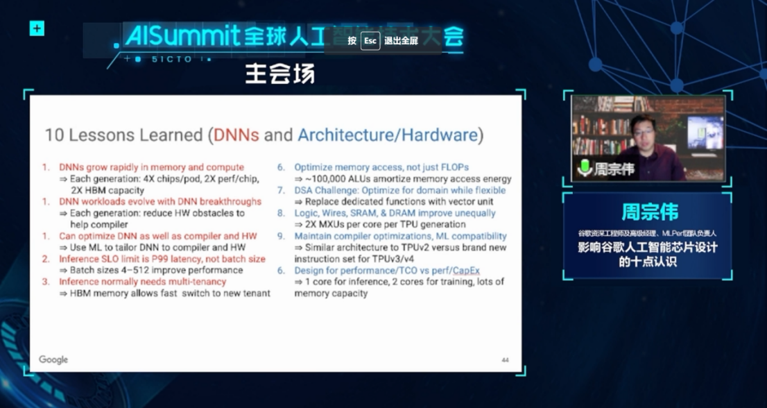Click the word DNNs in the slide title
(x=235, y=135)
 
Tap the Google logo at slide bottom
(x=53, y=359)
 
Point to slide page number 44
(x=505, y=360)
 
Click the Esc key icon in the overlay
(x=370, y=41)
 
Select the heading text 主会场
(x=279, y=74)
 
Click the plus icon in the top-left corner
(x=37, y=28)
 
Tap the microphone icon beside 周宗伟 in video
(x=585, y=167)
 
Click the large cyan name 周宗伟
(x=649, y=212)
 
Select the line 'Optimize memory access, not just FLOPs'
(x=381, y=167)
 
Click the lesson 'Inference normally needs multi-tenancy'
(x=142, y=282)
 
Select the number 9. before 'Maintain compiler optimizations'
(x=282, y=236)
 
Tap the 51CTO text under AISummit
(x=171, y=60)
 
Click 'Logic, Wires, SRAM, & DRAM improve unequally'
(x=395, y=213)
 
